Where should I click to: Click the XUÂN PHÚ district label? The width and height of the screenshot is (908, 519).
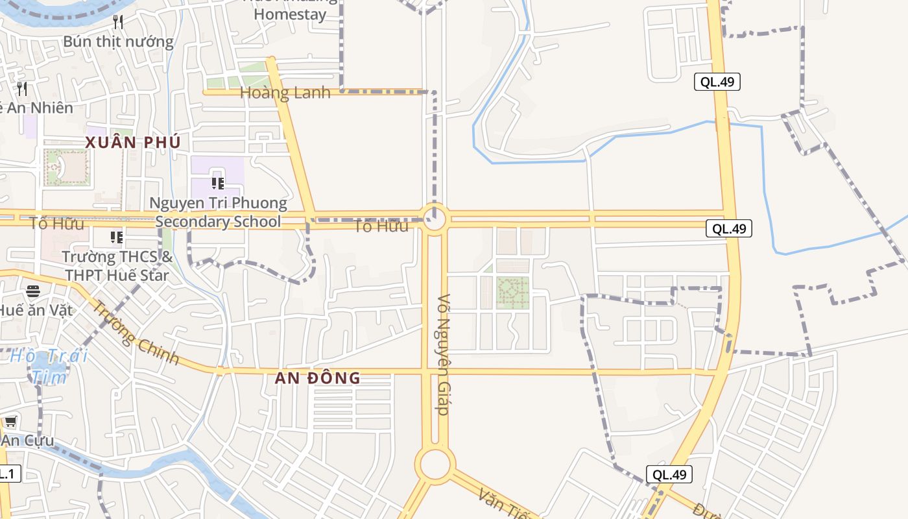pyautogui.click(x=133, y=142)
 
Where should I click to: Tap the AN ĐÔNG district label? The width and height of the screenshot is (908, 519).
pyautogui.click(x=317, y=378)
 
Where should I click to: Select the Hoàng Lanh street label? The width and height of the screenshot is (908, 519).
pyautogui.click(x=285, y=93)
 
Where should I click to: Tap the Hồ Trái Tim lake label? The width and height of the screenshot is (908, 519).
pyautogui.click(x=49, y=366)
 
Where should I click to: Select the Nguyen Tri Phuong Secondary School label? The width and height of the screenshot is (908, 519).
pyautogui.click(x=218, y=212)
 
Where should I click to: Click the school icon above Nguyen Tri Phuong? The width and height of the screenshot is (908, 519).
pyautogui.click(x=217, y=184)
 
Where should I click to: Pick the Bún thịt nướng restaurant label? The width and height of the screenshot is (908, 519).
pyautogui.click(x=118, y=42)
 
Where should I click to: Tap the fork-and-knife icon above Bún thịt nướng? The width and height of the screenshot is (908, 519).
pyautogui.click(x=118, y=22)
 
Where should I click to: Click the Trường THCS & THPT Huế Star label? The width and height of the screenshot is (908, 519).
pyautogui.click(x=117, y=266)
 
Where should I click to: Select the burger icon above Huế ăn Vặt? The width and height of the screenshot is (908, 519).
pyautogui.click(x=32, y=291)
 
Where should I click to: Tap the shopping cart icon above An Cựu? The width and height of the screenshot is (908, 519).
pyautogui.click(x=11, y=422)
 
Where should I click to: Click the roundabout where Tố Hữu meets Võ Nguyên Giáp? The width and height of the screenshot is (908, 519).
pyautogui.click(x=435, y=219)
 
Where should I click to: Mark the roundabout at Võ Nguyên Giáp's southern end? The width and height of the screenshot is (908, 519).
pyautogui.click(x=435, y=465)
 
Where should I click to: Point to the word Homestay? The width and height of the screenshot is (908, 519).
pyautogui.click(x=290, y=14)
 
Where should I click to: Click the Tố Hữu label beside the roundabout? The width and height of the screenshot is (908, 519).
pyautogui.click(x=381, y=226)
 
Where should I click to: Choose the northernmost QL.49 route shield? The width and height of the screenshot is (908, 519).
pyautogui.click(x=717, y=82)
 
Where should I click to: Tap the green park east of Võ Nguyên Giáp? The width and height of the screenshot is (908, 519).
pyautogui.click(x=513, y=293)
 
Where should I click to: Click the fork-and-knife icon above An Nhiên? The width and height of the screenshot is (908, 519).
pyautogui.click(x=23, y=88)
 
